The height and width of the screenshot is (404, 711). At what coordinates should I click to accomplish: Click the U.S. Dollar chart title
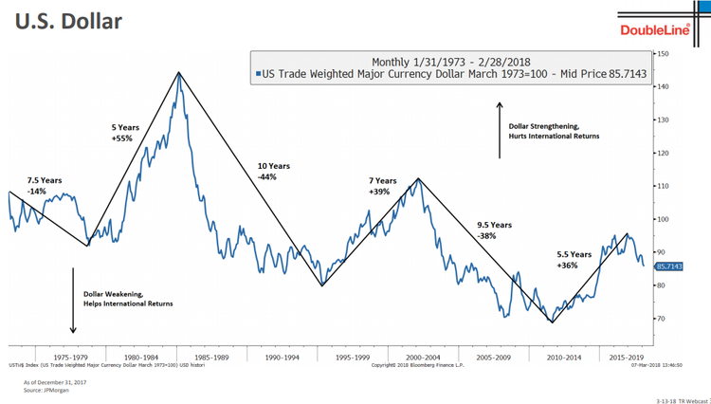point(68,19)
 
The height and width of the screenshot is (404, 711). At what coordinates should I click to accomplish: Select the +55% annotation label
point(122,138)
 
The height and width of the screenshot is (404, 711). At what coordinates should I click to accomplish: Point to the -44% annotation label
point(267,177)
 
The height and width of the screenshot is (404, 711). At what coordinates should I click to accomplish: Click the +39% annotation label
point(379,192)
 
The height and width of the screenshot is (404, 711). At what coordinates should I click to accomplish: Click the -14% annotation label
point(38,192)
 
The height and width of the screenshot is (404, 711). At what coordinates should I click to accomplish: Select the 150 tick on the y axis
point(663,53)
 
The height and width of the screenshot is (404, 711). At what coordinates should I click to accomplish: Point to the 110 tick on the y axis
point(663,186)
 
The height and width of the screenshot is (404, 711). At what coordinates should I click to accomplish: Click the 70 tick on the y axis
point(663,319)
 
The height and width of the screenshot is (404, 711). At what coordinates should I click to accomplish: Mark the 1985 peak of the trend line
point(176,72)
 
